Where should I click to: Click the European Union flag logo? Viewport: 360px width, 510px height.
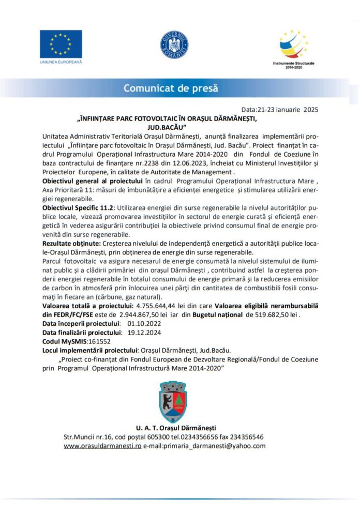pos(61,44)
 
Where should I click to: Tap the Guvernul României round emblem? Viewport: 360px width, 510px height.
pos(174,45)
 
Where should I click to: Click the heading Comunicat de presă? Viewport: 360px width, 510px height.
pos(170,88)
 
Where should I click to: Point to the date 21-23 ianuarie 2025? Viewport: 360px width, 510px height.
pos(295,110)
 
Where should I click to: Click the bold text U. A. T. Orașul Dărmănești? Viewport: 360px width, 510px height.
pos(176,428)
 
